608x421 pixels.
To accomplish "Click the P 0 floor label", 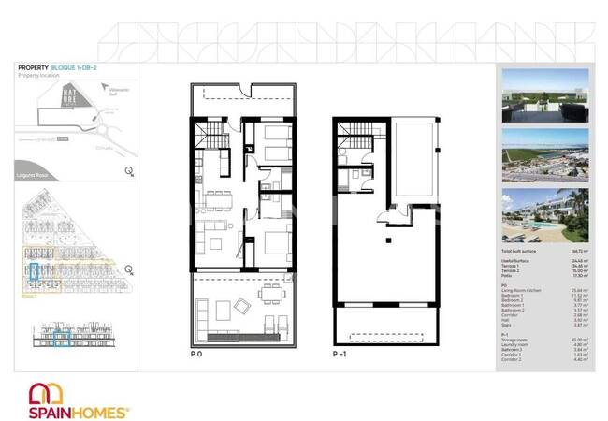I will [196, 356].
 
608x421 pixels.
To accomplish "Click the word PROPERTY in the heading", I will [33, 68].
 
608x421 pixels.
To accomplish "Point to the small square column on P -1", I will [385, 241].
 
